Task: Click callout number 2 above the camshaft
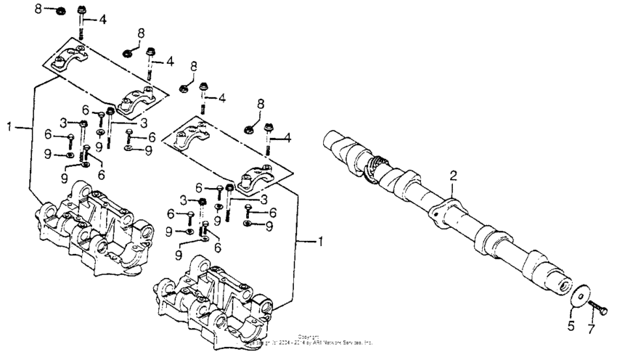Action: [x=453, y=176]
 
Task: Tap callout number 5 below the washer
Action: [x=571, y=327]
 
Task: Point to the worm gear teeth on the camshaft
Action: [x=377, y=166]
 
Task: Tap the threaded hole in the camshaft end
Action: [x=563, y=285]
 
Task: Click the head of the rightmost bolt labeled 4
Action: [x=269, y=128]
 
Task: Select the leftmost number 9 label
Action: [x=47, y=155]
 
